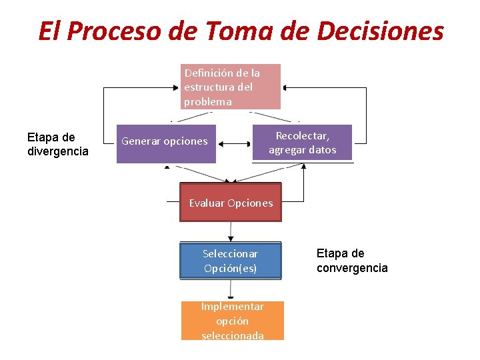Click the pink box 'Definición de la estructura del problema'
(x=231, y=87)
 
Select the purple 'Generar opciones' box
(x=166, y=143)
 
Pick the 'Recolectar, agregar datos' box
(x=302, y=143)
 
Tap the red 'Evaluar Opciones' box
(x=231, y=203)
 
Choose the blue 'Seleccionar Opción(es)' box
(x=231, y=261)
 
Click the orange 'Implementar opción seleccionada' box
(x=232, y=321)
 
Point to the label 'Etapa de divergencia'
(x=58, y=145)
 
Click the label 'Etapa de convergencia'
(x=352, y=261)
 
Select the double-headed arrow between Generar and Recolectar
(x=234, y=143)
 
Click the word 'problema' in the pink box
(x=208, y=102)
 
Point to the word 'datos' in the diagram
(x=321, y=150)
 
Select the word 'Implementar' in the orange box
(x=233, y=307)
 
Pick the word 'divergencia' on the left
(x=58, y=151)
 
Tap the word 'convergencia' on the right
(x=352, y=268)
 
